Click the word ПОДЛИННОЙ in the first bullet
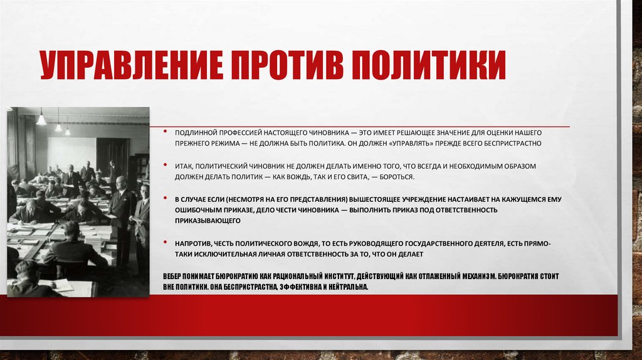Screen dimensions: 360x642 coord(196,134)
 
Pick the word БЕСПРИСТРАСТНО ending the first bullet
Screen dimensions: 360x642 coord(520,143)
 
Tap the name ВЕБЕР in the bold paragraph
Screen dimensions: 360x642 coord(173,276)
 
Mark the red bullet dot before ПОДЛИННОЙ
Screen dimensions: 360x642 coord(164,134)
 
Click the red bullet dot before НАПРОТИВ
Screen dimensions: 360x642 coord(164,243)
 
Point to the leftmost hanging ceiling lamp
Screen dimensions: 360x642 coord(41,119)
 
